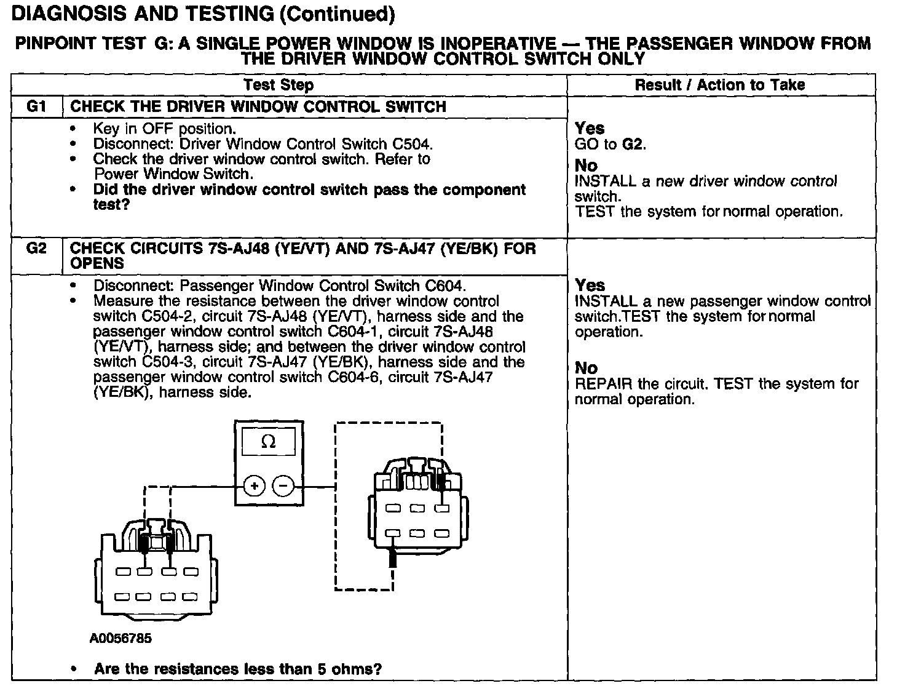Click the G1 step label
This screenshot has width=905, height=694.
click(x=36, y=106)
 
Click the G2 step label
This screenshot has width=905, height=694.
click(x=37, y=249)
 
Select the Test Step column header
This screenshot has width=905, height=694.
click(x=278, y=85)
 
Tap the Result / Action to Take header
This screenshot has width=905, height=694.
click(x=719, y=85)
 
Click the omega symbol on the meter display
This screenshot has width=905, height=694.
click(x=269, y=442)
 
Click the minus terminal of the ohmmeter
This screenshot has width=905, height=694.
click(x=283, y=486)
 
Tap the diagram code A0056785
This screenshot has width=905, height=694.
click(x=121, y=638)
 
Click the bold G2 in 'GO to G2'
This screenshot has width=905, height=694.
click(x=633, y=144)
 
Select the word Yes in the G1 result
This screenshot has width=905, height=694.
click(x=590, y=128)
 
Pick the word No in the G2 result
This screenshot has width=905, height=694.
click(x=586, y=368)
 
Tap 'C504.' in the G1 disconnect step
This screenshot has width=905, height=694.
click(x=413, y=144)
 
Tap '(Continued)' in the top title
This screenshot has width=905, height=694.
click(x=336, y=14)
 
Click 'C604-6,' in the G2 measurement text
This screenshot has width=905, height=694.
click(x=356, y=377)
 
